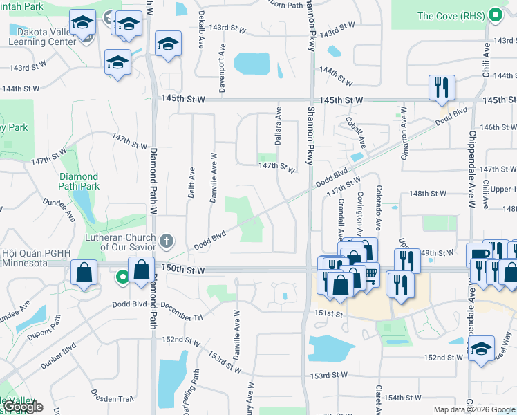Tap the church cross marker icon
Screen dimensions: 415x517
[x=165, y=241]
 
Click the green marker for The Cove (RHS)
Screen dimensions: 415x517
[x=494, y=15]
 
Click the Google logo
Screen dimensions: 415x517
[x=23, y=407]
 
